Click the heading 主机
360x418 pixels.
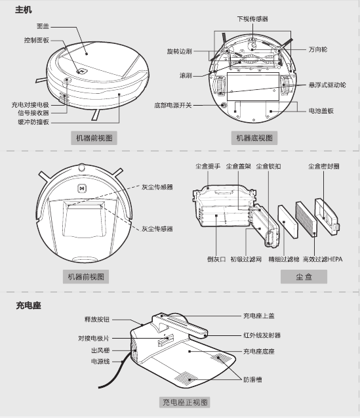point(24,10)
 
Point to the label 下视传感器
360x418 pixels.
point(252,19)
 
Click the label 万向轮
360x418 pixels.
point(318,50)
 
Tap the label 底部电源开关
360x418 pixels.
point(172,105)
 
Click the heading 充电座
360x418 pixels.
point(28,305)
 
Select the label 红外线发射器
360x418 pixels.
point(262,335)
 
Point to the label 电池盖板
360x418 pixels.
point(321,111)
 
